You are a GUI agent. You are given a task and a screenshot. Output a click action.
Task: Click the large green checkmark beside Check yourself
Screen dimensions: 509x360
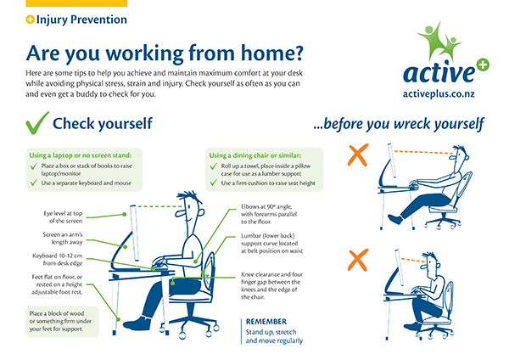pyautogui.click(x=36, y=123)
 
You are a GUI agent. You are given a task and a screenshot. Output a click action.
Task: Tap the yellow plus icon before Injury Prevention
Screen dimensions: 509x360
pyautogui.click(x=30, y=20)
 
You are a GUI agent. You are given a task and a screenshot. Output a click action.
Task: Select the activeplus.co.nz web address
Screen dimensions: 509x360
pyautogui.click(x=439, y=94)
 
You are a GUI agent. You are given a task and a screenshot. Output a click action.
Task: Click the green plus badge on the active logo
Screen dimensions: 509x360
pyautogui.click(x=483, y=65)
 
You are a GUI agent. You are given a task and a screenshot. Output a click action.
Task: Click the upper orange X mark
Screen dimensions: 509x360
pyautogui.click(x=358, y=155)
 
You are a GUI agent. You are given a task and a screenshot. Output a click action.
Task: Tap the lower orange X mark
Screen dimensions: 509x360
pyautogui.click(x=358, y=260)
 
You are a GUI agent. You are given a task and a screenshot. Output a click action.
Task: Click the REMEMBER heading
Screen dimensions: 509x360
pyautogui.click(x=266, y=321)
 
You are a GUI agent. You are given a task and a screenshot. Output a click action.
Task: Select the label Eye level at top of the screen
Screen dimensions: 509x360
pyautogui.click(x=63, y=217)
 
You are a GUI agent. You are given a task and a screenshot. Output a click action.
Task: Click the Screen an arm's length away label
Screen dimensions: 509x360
pyautogui.click(x=63, y=238)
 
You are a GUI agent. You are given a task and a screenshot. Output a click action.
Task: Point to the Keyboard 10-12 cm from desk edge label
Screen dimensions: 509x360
pyautogui.click(x=58, y=259)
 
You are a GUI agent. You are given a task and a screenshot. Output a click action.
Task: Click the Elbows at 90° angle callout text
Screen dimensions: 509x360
pyautogui.click(x=269, y=214)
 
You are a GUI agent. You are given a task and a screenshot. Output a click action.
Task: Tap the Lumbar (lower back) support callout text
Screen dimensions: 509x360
pyautogui.click(x=272, y=244)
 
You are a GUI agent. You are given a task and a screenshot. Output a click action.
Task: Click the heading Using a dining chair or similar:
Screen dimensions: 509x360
pyautogui.click(x=255, y=155)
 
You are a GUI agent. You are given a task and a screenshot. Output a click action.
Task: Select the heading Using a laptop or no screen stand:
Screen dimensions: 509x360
pyautogui.click(x=81, y=155)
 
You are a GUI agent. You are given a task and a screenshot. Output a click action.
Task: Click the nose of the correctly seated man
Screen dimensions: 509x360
pyautogui.click(x=179, y=213)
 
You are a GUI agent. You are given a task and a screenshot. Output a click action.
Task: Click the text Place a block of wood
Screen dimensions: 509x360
pyautogui.click(x=57, y=313)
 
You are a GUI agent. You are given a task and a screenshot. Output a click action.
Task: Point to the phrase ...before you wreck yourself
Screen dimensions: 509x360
pyautogui.click(x=399, y=124)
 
